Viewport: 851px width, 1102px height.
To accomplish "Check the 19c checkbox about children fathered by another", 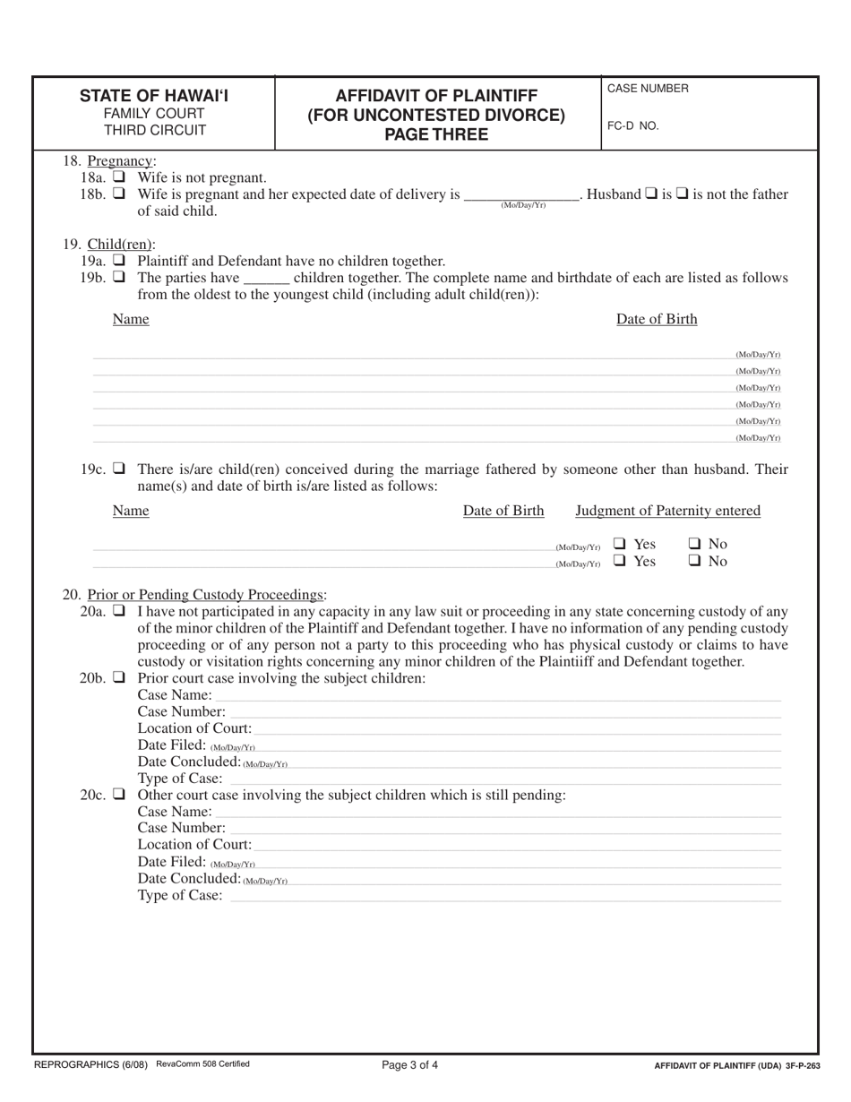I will [119, 469].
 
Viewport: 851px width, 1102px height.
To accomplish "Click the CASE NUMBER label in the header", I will [648, 89].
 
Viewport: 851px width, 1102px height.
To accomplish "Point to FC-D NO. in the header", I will [632, 126].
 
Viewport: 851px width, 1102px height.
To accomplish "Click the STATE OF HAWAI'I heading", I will [153, 96].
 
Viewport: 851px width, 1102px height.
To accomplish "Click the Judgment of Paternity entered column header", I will [667, 511].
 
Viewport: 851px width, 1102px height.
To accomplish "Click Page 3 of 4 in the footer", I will [410, 1065].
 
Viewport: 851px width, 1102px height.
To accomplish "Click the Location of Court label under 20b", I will [194, 728].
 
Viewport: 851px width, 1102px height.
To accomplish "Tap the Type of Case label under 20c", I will [180, 893].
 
